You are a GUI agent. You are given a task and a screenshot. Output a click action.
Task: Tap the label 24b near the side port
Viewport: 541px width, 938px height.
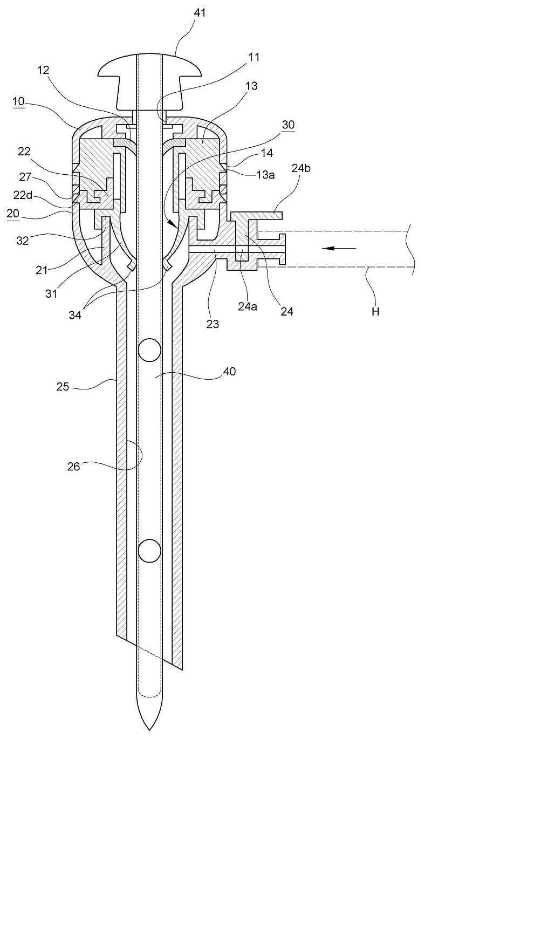pos(301,168)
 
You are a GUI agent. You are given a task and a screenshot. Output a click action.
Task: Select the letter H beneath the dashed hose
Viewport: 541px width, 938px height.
pos(375,311)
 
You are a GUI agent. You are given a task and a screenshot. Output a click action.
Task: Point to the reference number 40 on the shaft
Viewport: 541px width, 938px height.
pos(229,372)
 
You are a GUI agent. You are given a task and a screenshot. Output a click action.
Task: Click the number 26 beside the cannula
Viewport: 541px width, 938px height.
pos(73,467)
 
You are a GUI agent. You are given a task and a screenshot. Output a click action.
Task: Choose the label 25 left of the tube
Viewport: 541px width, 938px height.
pos(63,386)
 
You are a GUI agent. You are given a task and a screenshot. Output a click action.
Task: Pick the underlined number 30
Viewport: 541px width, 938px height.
pos(288,125)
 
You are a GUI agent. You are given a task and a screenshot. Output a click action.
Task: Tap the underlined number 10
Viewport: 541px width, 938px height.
pos(18,101)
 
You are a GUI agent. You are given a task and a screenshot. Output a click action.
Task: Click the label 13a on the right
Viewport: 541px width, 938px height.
pos(264,175)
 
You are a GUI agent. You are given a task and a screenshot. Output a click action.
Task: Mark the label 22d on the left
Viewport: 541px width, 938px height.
pos(23,195)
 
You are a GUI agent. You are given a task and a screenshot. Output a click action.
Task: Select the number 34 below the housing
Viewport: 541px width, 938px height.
pos(74,316)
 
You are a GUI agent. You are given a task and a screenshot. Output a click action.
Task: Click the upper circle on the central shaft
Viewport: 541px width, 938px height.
pos(149,351)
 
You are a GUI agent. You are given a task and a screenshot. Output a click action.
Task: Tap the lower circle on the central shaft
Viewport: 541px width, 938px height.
pos(149,551)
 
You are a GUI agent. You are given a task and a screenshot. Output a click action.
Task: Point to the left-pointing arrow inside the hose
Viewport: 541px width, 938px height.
pos(339,248)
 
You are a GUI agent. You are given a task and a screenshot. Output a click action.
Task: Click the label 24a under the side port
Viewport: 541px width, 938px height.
pos(248,306)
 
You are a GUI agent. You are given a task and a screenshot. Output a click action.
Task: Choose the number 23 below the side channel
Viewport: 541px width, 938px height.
pos(213,324)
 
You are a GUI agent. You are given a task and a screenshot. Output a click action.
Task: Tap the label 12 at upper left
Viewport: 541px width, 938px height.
pos(43,70)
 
